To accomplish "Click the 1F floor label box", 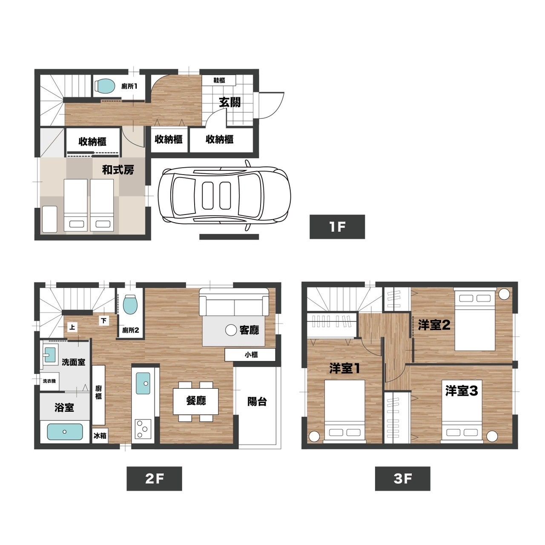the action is pyautogui.click(x=337, y=227).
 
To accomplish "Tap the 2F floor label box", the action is pyautogui.click(x=154, y=479).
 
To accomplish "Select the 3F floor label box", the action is pyautogui.click(x=402, y=479).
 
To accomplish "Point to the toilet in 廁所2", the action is pyautogui.click(x=131, y=304).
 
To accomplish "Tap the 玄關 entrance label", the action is pyautogui.click(x=229, y=102).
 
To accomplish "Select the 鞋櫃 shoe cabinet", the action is pyautogui.click(x=218, y=80).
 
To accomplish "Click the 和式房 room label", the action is pyautogui.click(x=118, y=170).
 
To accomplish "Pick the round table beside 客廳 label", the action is pyautogui.click(x=231, y=330).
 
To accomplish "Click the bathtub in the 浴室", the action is pyautogui.click(x=65, y=432).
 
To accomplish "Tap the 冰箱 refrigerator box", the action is pyautogui.click(x=100, y=436).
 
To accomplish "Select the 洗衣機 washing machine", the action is pyautogui.click(x=49, y=381).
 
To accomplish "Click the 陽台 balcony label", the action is pyautogui.click(x=257, y=402).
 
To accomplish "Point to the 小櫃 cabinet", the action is pyautogui.click(x=250, y=355).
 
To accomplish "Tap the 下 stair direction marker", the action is pyautogui.click(x=104, y=321).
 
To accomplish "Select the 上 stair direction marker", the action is pyautogui.click(x=72, y=327).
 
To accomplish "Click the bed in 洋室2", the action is pyautogui.click(x=475, y=319).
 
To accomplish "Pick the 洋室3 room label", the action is pyautogui.click(x=462, y=391).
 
